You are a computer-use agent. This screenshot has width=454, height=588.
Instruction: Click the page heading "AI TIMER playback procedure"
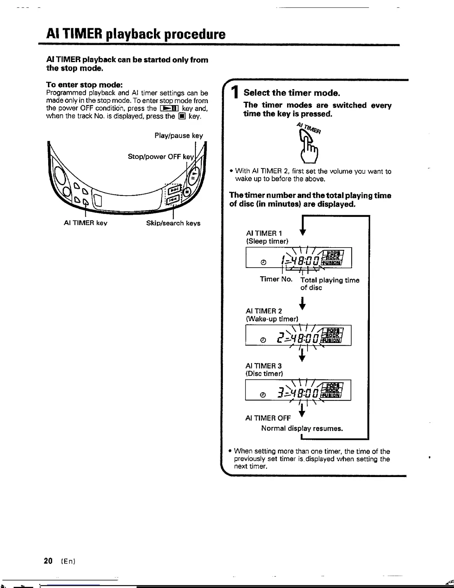[136, 34]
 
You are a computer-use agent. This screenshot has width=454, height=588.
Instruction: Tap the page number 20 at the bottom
[48, 561]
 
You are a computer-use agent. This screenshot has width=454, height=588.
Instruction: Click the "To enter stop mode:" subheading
[84, 85]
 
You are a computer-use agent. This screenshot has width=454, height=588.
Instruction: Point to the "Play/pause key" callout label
[179, 135]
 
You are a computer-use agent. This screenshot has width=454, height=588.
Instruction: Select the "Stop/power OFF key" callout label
[161, 157]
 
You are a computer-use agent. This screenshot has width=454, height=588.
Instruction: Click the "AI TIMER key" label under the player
[85, 223]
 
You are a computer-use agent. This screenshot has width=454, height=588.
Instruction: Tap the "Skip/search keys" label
[173, 223]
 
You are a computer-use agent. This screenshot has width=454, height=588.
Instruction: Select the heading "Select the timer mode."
[292, 93]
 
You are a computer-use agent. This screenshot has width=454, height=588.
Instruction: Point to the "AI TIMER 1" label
[264, 233]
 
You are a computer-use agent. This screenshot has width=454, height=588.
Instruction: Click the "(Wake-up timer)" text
[272, 319]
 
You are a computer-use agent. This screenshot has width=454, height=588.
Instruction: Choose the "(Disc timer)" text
[264, 374]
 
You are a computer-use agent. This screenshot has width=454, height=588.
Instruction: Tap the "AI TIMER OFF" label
[268, 418]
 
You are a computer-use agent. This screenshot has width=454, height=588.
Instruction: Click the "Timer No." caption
[276, 279]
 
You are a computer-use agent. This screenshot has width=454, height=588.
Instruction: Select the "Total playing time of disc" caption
[329, 284]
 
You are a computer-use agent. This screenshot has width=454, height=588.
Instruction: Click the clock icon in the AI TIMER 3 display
[263, 395]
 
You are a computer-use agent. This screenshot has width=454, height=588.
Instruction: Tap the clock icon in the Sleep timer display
[263, 262]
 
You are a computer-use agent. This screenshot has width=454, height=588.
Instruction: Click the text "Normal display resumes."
[302, 428]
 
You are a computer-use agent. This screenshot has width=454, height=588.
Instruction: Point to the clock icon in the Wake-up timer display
[263, 340]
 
